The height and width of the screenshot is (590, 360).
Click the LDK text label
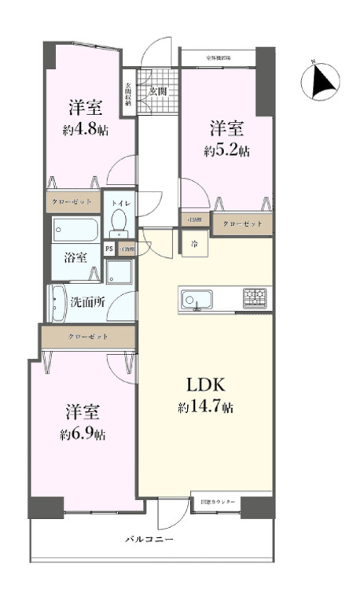206,385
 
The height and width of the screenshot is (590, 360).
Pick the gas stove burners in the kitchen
254,298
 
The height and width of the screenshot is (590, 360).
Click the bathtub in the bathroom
75,230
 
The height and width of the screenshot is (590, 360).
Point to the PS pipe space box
109,249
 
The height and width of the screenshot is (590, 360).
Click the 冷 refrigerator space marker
193,244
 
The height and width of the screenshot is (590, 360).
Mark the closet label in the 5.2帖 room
243,224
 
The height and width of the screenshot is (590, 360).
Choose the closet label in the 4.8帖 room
72,202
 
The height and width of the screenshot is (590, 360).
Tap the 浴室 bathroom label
75,257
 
